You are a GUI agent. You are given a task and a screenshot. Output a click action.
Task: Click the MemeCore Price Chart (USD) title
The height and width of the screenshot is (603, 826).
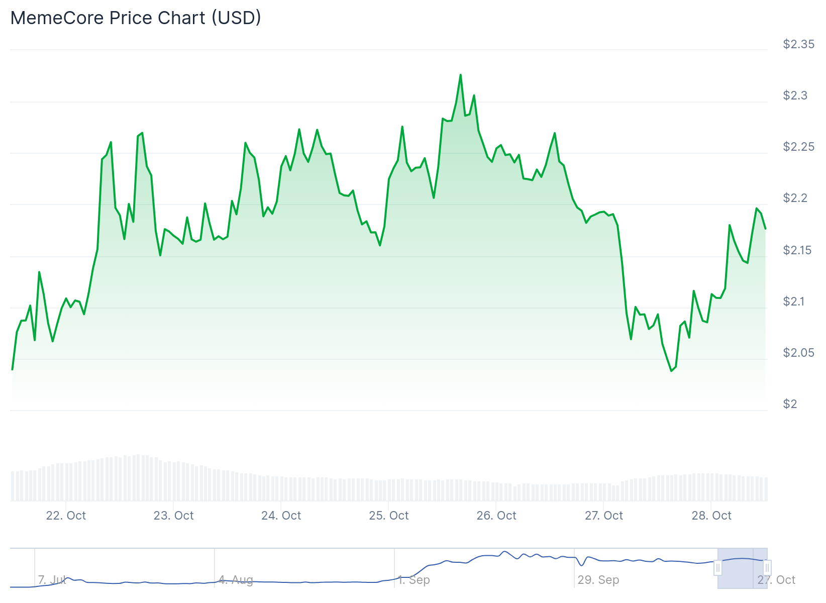pyautogui.click(x=136, y=18)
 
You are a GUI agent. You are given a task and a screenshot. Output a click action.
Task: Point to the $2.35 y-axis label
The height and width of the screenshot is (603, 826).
pyautogui.click(x=798, y=44)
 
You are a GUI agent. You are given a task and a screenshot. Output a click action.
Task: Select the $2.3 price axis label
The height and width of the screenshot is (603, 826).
pyautogui.click(x=795, y=95)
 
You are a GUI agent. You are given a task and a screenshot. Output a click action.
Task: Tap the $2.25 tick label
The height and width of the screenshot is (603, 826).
pyautogui.click(x=798, y=147)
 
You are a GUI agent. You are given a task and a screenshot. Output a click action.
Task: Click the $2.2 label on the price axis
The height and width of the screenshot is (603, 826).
pyautogui.click(x=795, y=198)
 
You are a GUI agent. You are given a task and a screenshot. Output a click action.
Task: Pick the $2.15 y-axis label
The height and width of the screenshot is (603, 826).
pyautogui.click(x=798, y=250)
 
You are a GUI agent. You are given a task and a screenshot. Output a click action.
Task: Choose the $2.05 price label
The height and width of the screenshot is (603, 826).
pyautogui.click(x=798, y=353)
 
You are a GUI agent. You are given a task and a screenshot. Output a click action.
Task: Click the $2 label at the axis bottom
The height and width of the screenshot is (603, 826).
pyautogui.click(x=790, y=404)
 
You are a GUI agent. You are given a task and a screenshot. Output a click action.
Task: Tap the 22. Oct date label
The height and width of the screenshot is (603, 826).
pyautogui.click(x=66, y=516)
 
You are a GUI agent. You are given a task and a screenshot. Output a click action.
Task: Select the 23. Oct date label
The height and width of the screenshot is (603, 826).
pyautogui.click(x=173, y=516)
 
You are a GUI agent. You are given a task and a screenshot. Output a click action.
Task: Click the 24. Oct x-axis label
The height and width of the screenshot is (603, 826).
pyautogui.click(x=281, y=516)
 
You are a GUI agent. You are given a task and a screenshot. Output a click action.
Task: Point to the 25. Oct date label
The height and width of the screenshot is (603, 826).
pyautogui.click(x=388, y=516)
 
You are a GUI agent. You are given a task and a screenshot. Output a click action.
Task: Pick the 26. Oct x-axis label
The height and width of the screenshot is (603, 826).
pyautogui.click(x=496, y=516)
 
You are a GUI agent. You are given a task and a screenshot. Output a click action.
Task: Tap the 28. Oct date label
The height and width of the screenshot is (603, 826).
pyautogui.click(x=711, y=516)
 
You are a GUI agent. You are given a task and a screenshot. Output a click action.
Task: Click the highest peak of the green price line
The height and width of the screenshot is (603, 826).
pyautogui.click(x=460, y=75)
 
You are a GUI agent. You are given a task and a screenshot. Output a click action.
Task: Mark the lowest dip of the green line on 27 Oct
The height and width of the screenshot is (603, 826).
pyautogui.click(x=671, y=371)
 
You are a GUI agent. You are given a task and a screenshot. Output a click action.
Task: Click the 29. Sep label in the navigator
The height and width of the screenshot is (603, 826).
pyautogui.click(x=598, y=580)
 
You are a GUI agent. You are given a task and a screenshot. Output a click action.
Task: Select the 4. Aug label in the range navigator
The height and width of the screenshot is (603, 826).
pyautogui.click(x=236, y=580)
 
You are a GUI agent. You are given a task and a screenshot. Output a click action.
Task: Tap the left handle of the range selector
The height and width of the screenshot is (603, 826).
pyautogui.click(x=718, y=568)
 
